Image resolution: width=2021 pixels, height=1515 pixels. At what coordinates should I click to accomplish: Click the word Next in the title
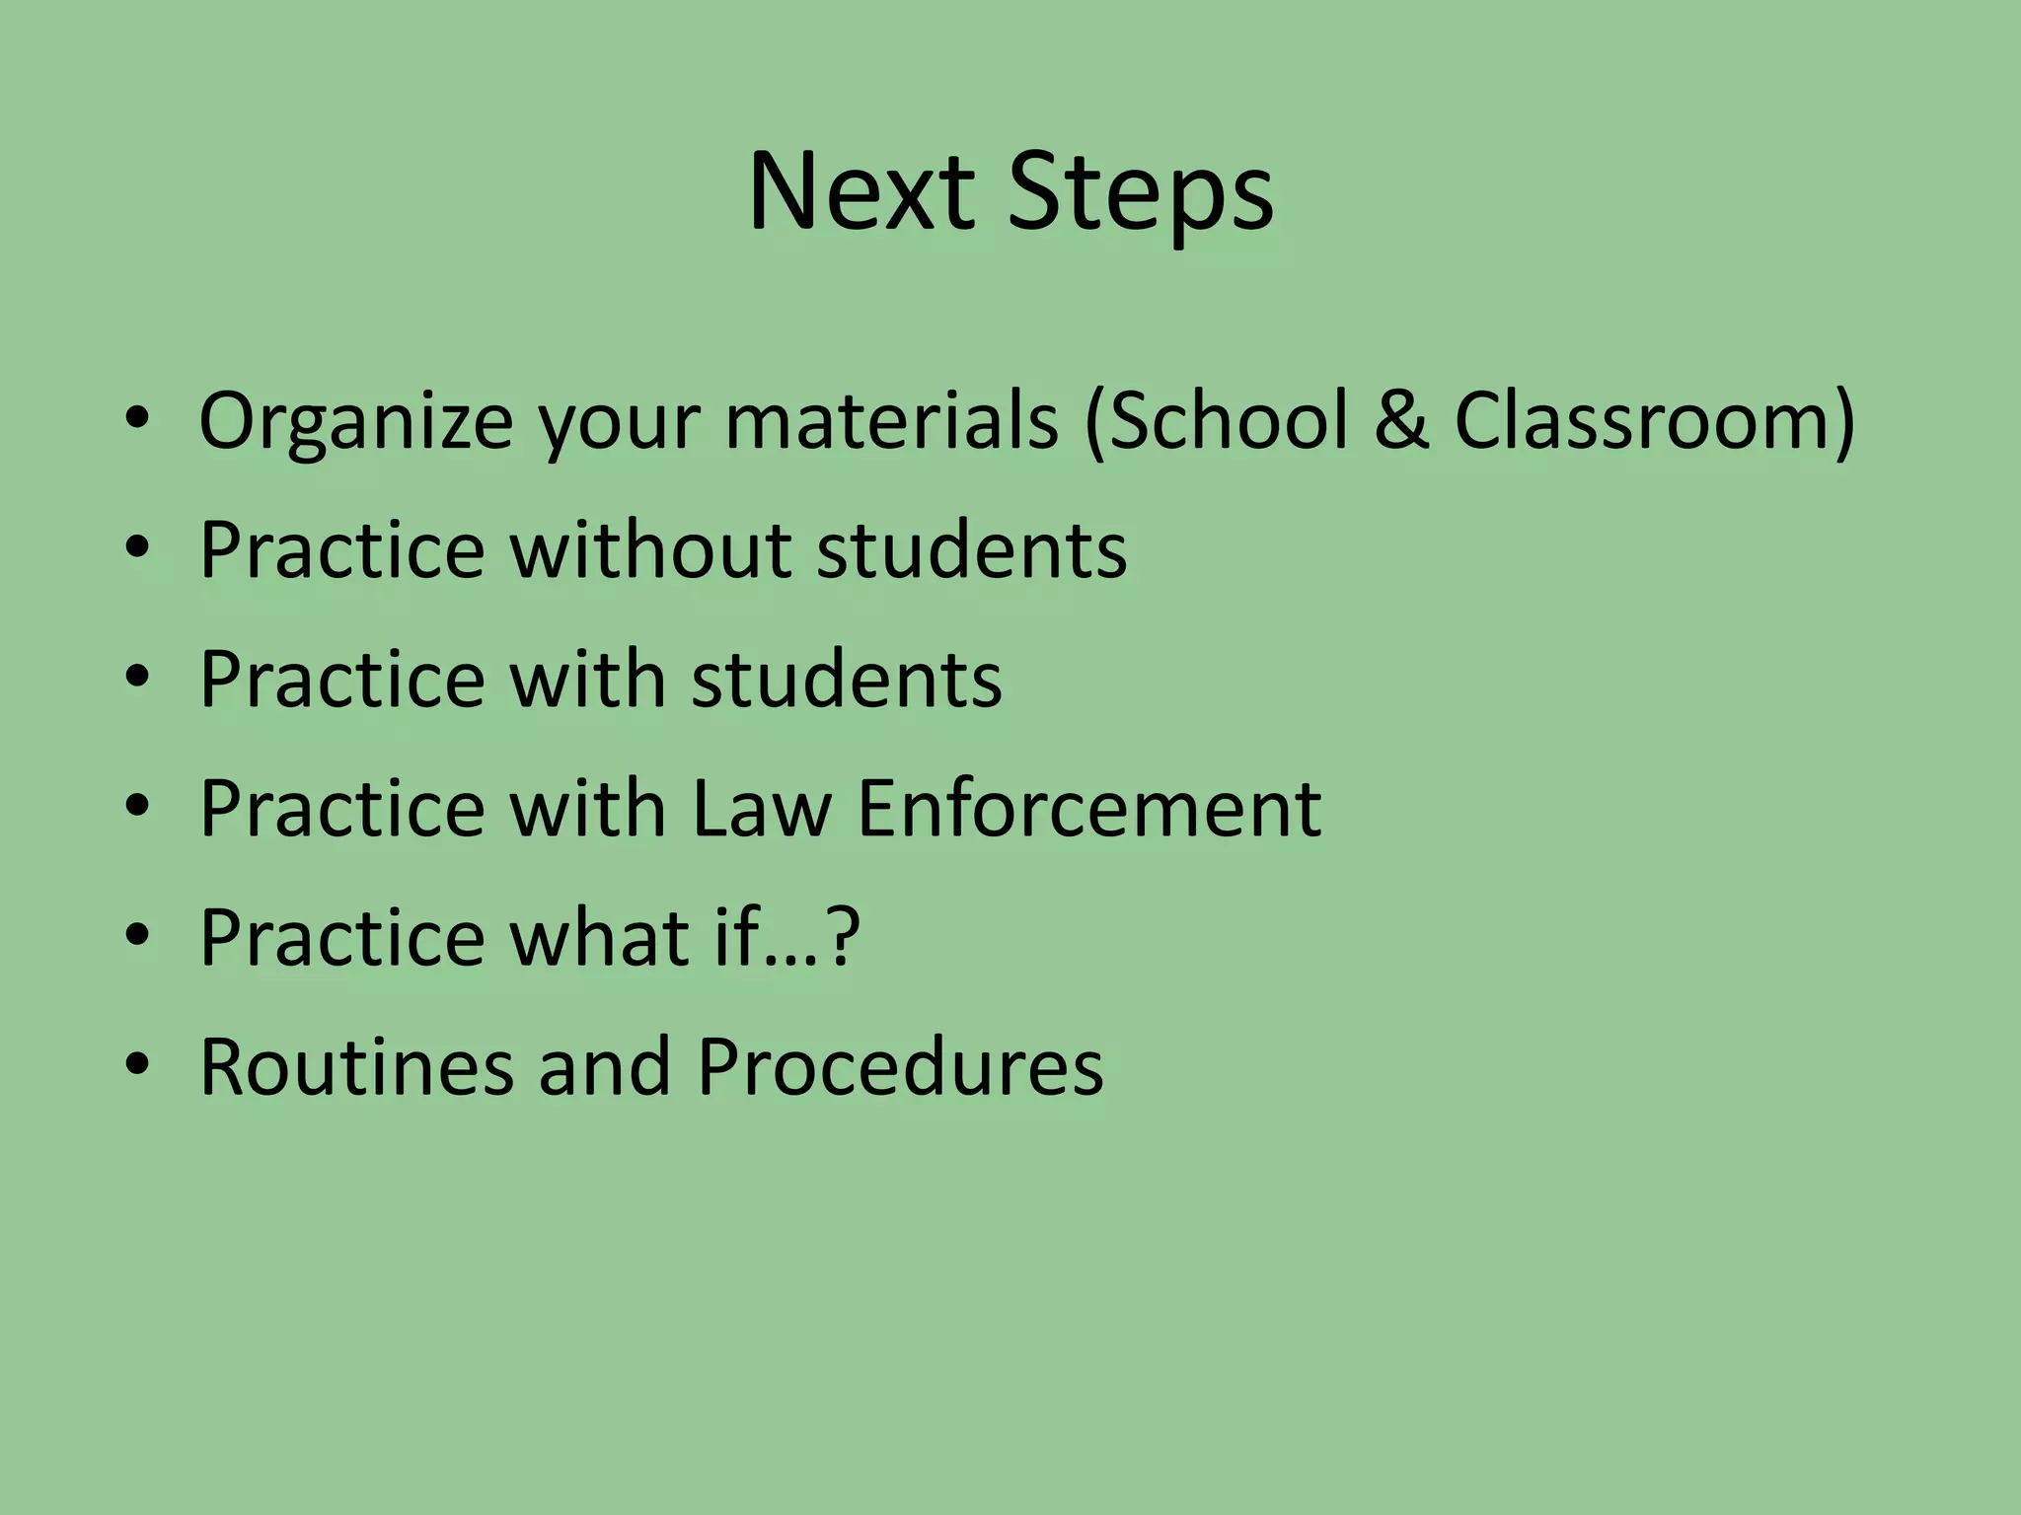click(861, 192)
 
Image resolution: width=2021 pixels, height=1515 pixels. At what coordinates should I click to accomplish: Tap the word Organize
click(355, 422)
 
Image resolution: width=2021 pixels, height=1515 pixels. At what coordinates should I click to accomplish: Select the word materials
click(892, 420)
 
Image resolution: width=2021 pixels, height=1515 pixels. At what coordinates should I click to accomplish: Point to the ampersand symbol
click(1402, 420)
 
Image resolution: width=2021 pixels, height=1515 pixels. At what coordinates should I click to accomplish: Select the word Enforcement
click(1089, 809)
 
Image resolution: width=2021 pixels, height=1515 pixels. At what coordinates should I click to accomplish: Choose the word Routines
click(356, 1067)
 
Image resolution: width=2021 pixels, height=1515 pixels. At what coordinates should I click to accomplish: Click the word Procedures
click(900, 1067)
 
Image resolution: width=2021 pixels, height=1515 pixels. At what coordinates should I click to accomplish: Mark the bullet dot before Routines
click(137, 1065)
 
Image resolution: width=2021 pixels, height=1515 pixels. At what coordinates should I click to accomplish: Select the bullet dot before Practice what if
click(137, 935)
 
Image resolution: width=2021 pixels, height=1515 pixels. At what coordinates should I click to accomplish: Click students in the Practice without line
click(972, 549)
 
